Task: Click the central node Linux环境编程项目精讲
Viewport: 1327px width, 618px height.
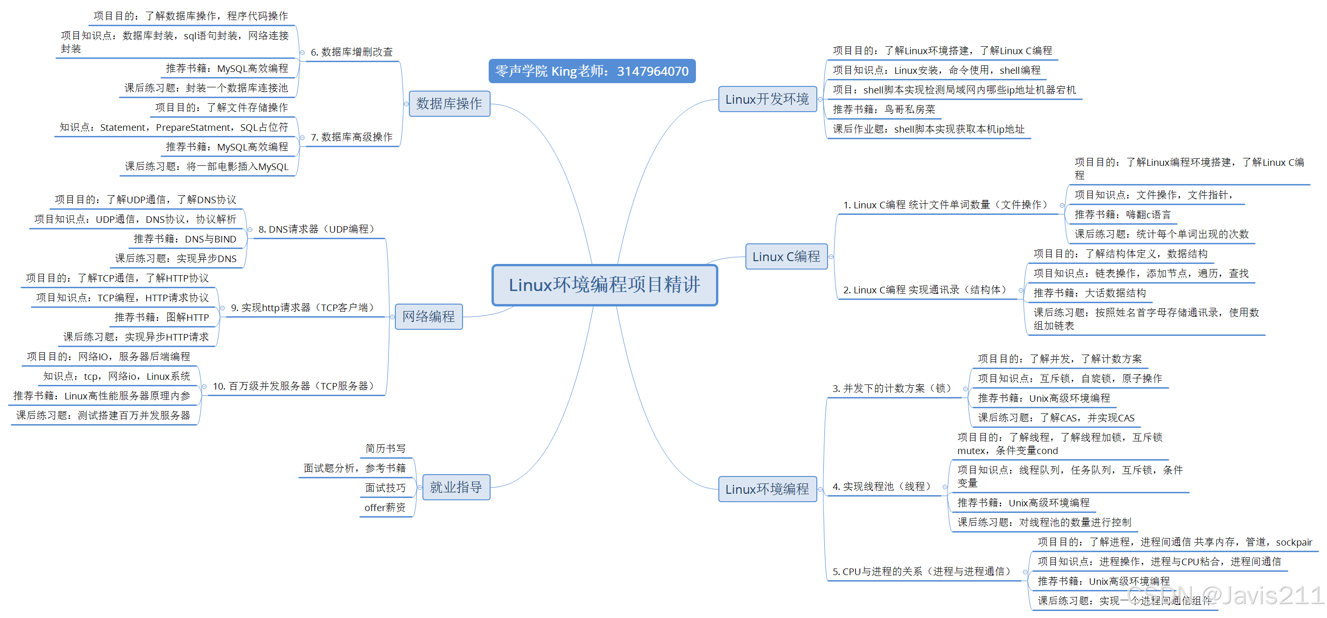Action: pyautogui.click(x=604, y=285)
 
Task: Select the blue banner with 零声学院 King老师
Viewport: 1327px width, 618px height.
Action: pyautogui.click(x=591, y=71)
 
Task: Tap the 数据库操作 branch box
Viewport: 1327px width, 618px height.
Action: pyautogui.click(x=449, y=104)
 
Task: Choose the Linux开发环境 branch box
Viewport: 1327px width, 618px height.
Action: pyautogui.click(x=766, y=99)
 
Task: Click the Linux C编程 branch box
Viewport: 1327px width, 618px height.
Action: pyautogui.click(x=786, y=257)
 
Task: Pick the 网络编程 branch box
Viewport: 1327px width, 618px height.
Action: pyautogui.click(x=428, y=316)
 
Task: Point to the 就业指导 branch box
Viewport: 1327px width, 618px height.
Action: pyautogui.click(x=456, y=487)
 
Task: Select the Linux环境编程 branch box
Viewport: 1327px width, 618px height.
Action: pyautogui.click(x=766, y=489)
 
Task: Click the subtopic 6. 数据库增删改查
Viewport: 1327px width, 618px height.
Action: pyautogui.click(x=351, y=52)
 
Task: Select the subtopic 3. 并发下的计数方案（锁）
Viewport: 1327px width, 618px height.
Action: pyautogui.click(x=891, y=388)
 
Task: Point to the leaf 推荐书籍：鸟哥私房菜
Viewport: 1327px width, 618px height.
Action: pyautogui.click(x=884, y=109)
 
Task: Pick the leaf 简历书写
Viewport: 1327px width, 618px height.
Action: pyautogui.click(x=386, y=448)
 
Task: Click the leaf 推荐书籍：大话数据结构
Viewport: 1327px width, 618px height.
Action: pyautogui.click(x=1089, y=293)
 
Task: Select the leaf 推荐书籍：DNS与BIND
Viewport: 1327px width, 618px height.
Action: pyautogui.click(x=184, y=239)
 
